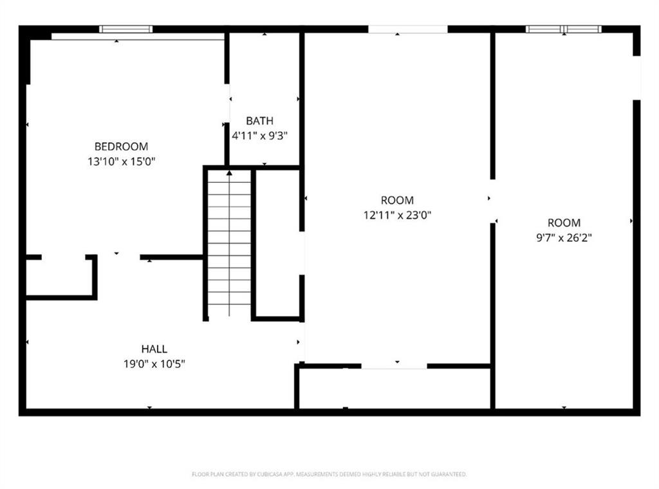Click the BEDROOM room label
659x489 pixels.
tap(121, 146)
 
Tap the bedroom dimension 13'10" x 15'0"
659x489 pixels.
tap(122, 161)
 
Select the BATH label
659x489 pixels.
tap(259, 121)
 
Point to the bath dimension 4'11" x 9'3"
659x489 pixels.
tap(259, 136)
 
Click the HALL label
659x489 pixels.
tap(154, 349)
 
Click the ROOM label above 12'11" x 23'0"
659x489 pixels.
tap(397, 200)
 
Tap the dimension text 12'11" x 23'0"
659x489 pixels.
tap(397, 216)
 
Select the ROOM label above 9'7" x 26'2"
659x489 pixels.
tap(564, 223)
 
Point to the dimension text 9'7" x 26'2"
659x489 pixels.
tap(564, 237)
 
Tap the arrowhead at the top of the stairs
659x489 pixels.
tap(229, 172)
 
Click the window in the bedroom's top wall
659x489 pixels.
tap(126, 29)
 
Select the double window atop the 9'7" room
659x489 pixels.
tap(564, 29)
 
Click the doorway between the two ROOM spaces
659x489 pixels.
tap(493, 201)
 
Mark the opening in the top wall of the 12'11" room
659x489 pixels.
tap(408, 29)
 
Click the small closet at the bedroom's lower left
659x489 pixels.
tap(59, 277)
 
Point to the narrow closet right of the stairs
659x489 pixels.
tap(277, 243)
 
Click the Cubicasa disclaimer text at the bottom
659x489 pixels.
tap(329, 474)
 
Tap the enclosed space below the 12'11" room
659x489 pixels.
tap(394, 388)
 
